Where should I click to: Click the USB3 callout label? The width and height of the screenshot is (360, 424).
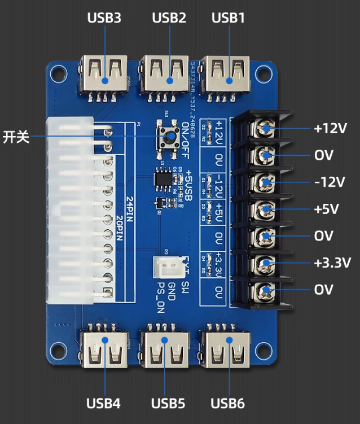pyautogui.click(x=104, y=18)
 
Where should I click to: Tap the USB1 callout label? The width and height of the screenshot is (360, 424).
pyautogui.click(x=229, y=18)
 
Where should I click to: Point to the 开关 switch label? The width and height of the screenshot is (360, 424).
pyautogui.click(x=16, y=137)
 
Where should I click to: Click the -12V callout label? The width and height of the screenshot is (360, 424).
pyautogui.click(x=329, y=182)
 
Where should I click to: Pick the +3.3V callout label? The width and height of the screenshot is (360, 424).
pyautogui.click(x=332, y=263)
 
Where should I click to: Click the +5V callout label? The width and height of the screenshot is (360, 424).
pyautogui.click(x=326, y=209)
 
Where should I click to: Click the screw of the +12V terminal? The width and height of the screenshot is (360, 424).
pyautogui.click(x=264, y=129)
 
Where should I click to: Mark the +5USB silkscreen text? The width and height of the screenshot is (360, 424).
pyautogui.click(x=189, y=186)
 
